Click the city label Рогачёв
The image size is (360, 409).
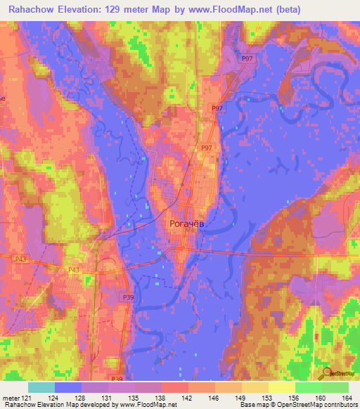coord(188,224)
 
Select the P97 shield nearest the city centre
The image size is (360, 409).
coord(206,148)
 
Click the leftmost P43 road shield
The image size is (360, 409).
coord(20,259)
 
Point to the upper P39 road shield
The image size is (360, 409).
coord(128,298)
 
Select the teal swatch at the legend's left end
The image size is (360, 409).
coord(41,387)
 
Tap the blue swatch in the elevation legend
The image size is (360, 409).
coord(68,387)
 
